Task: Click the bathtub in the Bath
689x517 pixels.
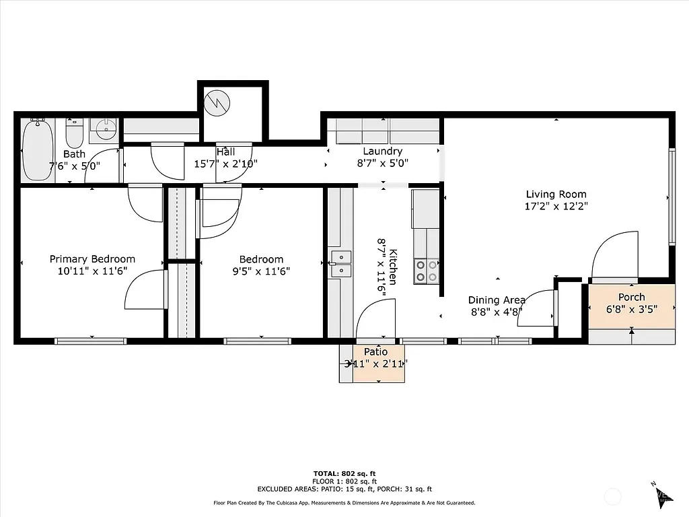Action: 38,151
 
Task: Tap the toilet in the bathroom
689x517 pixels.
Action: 74,133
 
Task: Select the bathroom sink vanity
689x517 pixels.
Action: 103,129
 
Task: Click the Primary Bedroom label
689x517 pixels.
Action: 92,259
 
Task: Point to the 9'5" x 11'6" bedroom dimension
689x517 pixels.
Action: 261,271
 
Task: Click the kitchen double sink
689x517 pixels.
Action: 340,263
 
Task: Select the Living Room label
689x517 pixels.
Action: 556,195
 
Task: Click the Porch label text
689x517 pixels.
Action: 631,297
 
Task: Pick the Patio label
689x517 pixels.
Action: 375,352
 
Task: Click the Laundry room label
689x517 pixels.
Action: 382,151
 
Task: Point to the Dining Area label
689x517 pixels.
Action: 497,300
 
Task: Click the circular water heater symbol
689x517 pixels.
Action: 219,102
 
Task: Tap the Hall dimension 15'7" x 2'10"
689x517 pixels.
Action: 226,164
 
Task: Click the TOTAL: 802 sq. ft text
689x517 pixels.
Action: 344,473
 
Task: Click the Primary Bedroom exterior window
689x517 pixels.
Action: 90,341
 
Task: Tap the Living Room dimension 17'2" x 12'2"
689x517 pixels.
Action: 556,207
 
